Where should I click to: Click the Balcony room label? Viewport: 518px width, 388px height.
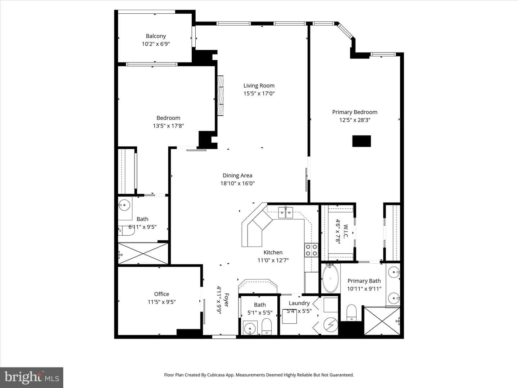pyautogui.click(x=156, y=36)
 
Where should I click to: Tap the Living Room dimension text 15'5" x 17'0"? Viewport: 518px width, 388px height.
pyautogui.click(x=259, y=93)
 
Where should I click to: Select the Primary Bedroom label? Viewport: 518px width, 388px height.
pyautogui.click(x=355, y=112)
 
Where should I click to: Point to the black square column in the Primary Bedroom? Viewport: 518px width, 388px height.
pyautogui.click(x=362, y=141)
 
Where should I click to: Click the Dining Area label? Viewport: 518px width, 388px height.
pyautogui.click(x=237, y=176)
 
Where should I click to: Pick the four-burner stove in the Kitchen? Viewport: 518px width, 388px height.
pyautogui.click(x=311, y=250)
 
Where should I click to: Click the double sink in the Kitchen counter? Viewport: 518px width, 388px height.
pyautogui.click(x=286, y=213)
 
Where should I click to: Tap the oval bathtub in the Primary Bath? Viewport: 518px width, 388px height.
pyautogui.click(x=330, y=279)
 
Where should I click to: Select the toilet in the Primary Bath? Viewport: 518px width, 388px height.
pyautogui.click(x=351, y=313)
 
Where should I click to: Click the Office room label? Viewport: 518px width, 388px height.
pyautogui.click(x=162, y=294)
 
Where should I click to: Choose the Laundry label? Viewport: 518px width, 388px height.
pyautogui.click(x=299, y=303)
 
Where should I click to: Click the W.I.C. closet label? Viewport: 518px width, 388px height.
pyautogui.click(x=346, y=231)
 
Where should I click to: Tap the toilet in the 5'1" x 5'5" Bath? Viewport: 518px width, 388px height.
pyautogui.click(x=267, y=326)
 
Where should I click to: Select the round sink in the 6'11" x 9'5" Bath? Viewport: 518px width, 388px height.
pyautogui.click(x=124, y=205)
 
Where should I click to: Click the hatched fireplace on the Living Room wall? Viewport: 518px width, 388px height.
pyautogui.click(x=220, y=96)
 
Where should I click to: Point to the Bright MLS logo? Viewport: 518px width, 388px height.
pyautogui.click(x=32, y=378)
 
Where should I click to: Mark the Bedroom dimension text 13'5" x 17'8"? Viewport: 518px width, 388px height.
pyautogui.click(x=168, y=126)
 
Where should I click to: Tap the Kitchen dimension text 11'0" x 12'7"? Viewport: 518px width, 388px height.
pyautogui.click(x=273, y=260)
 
